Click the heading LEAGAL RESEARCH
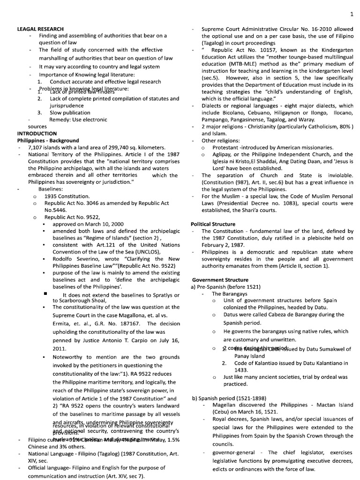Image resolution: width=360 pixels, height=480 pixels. (40, 29)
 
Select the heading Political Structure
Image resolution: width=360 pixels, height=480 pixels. (213, 224)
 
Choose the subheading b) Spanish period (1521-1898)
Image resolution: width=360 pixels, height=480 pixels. (229, 398)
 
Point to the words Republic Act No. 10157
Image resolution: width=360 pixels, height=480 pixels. (242, 50)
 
